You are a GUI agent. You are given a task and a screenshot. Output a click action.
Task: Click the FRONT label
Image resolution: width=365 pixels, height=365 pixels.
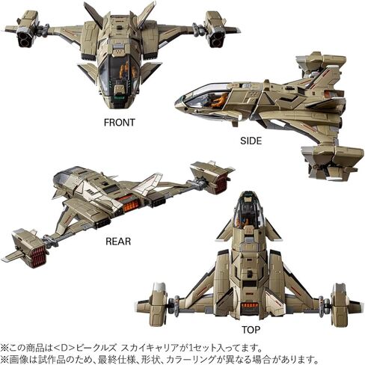(x=120, y=123)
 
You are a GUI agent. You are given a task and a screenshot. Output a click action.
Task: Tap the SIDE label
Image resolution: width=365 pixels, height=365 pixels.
(x=251, y=141)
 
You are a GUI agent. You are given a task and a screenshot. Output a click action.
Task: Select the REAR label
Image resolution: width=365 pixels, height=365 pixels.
(x=118, y=242)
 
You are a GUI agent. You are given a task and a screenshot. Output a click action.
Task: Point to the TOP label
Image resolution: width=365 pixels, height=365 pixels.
(x=251, y=330)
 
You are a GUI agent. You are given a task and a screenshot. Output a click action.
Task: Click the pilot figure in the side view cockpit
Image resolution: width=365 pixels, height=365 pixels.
(x=219, y=99)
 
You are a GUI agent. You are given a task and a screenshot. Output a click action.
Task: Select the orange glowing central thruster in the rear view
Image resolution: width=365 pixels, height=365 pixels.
(x=129, y=203)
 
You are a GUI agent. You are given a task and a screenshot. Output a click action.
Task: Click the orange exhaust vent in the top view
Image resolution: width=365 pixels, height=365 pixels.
(x=249, y=305)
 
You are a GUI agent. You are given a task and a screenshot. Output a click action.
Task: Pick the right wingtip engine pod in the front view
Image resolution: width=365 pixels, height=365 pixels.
(x=215, y=29)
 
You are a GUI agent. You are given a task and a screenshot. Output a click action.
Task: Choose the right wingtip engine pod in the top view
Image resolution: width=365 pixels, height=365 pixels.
(x=340, y=304)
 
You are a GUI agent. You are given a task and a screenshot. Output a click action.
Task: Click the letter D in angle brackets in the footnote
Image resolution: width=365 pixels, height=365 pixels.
(x=64, y=348)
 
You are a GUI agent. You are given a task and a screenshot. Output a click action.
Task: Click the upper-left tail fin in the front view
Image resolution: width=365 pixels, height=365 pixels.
(x=93, y=13)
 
